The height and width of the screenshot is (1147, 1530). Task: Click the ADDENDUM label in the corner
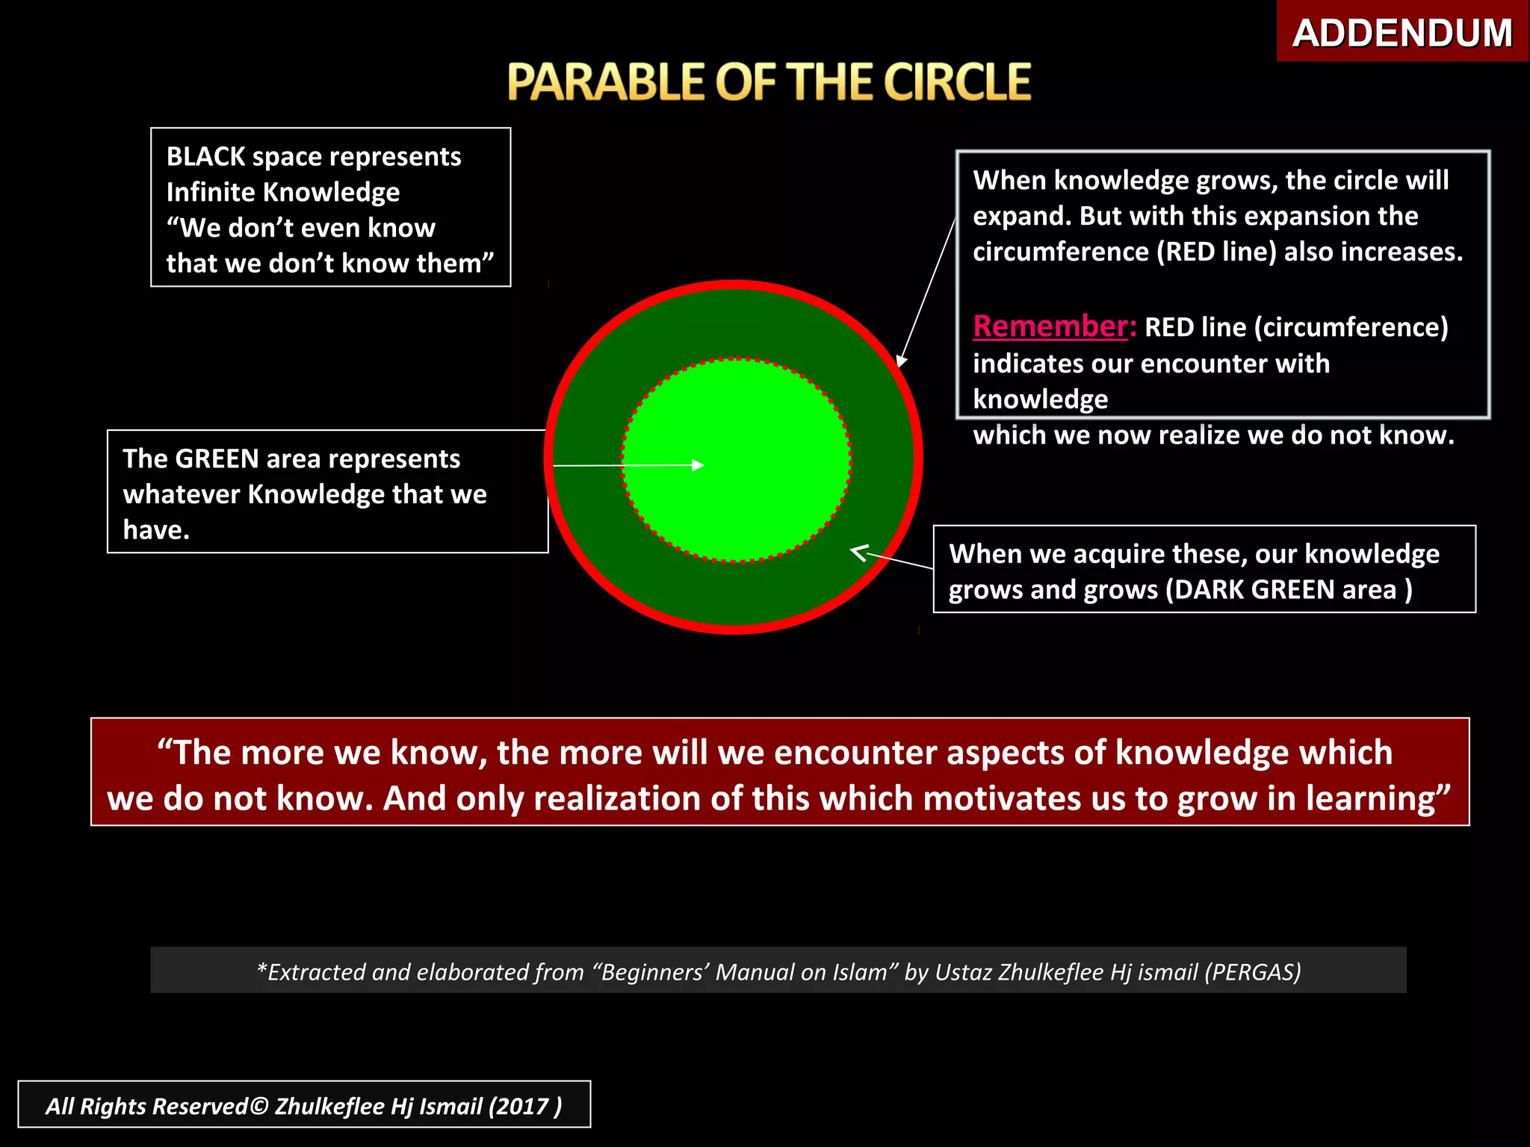point(1402,33)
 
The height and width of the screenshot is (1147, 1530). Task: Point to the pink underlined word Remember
point(1050,327)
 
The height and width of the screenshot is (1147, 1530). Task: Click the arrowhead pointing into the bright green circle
point(699,465)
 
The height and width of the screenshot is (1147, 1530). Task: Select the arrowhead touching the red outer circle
point(902,361)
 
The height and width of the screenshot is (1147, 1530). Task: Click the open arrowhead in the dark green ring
point(858,553)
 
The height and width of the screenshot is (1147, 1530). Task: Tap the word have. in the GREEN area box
point(156,530)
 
